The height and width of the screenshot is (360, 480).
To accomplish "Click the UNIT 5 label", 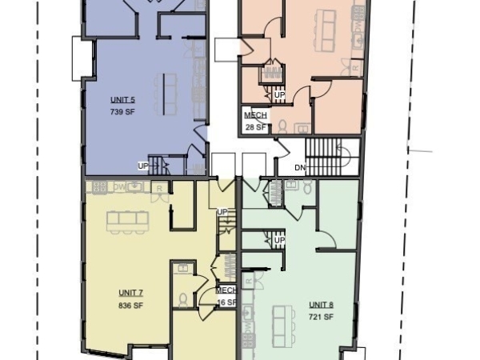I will click(122, 100).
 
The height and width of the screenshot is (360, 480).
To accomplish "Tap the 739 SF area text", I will click(122, 112).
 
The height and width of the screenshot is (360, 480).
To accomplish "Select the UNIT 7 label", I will click(130, 293).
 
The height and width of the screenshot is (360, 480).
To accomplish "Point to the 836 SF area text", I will click(130, 305).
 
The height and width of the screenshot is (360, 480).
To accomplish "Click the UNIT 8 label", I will click(322, 305).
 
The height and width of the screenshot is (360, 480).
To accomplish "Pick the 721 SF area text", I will click(322, 317).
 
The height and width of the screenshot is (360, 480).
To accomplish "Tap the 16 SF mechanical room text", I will click(226, 302).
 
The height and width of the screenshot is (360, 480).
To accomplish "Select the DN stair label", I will click(300, 167).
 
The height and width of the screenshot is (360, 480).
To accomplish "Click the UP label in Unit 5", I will click(143, 166).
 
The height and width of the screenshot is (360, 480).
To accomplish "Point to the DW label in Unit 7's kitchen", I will click(119, 187).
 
